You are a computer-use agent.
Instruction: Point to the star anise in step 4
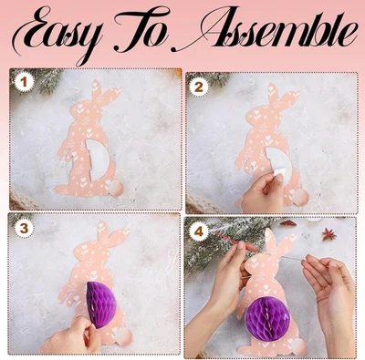coord(328,235)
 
